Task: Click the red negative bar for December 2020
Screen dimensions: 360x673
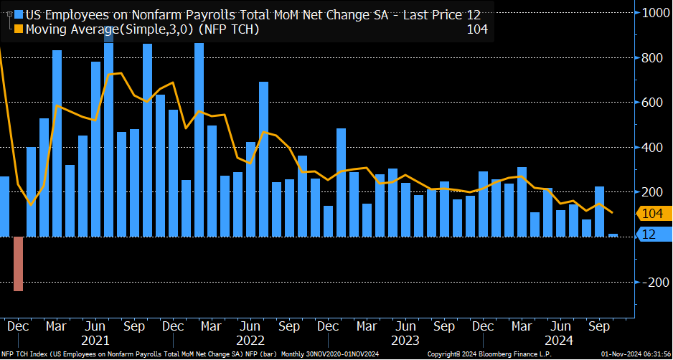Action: (x=18, y=263)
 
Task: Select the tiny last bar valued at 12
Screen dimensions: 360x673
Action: (x=613, y=235)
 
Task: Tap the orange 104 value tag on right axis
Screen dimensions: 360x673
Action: (x=653, y=213)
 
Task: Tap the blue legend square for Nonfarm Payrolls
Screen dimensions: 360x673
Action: (x=18, y=14)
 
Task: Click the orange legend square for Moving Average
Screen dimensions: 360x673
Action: (x=18, y=29)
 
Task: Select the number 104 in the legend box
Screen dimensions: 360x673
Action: (x=476, y=29)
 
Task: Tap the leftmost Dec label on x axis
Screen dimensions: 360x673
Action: (x=18, y=326)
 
